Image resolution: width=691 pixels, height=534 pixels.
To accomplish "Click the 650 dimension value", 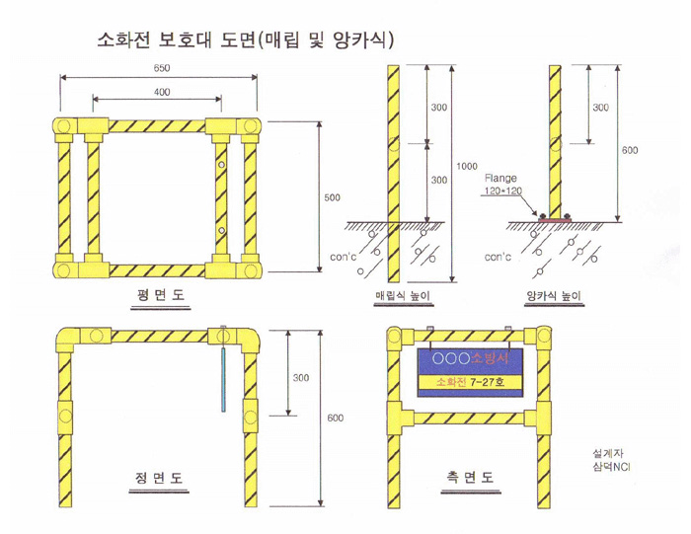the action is [162, 68].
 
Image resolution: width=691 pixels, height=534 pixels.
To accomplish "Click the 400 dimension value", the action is [162, 92].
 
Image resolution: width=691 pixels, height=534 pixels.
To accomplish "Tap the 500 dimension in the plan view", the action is [333, 197].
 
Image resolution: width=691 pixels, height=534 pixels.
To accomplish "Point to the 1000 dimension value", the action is [467, 166].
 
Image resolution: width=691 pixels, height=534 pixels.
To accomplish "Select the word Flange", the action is [500, 178].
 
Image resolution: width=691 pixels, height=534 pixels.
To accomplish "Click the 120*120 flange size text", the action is [503, 191].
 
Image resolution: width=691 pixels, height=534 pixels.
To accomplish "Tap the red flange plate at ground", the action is [555, 218].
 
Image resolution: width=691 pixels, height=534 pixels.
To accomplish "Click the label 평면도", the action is [160, 294].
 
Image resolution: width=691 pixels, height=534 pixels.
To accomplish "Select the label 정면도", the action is [159, 478].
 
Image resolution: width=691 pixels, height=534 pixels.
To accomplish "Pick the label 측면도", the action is [470, 477].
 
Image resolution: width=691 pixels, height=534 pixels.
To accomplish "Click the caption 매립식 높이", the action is [403, 295].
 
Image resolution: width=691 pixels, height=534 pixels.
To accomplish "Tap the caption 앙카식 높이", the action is [554, 295].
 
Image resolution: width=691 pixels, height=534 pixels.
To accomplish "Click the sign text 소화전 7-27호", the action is [470, 382].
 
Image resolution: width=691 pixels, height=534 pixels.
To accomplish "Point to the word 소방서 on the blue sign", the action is [490, 357].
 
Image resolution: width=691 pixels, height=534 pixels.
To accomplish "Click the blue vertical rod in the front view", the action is [223, 379].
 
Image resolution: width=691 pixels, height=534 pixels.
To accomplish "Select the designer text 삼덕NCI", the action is [612, 467].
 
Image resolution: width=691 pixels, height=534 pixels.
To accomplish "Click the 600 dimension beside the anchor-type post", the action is [630, 150].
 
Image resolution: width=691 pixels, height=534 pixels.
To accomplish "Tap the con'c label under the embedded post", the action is [343, 257].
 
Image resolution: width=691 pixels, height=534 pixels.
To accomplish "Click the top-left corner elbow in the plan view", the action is [62, 126].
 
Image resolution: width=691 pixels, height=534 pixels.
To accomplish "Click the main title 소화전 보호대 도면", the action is [176, 40].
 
